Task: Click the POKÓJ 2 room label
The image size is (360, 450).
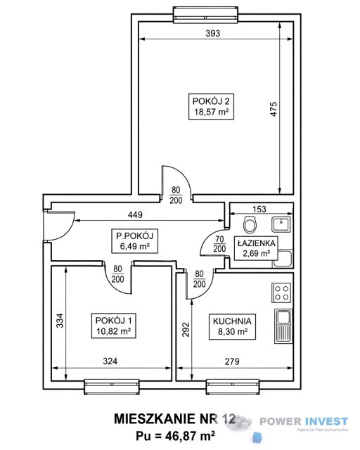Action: (211, 106)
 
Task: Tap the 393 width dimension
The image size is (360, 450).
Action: (213, 34)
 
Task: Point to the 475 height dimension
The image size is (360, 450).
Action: (274, 109)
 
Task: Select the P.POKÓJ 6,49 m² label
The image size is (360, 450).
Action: (134, 240)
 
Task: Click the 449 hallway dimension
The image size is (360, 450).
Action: (135, 214)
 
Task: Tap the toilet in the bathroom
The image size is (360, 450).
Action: (249, 224)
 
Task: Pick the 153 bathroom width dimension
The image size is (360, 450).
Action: (259, 210)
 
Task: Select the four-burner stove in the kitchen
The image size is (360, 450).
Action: (281, 292)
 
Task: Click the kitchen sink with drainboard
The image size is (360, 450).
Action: (283, 326)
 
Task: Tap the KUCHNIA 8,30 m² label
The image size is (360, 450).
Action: (232, 326)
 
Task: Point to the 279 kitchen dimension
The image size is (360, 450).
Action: (232, 361)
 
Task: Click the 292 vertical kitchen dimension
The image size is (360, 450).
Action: (186, 329)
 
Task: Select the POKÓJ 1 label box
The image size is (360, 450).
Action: (113, 326)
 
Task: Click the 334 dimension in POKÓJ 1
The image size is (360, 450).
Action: (60, 321)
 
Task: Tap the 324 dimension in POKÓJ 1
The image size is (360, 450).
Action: (110, 361)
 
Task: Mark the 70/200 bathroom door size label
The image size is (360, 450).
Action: (219, 244)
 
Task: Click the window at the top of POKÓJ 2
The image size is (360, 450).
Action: (205, 15)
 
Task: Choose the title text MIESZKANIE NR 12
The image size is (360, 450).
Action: (174, 419)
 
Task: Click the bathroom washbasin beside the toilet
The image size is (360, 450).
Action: (281, 224)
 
